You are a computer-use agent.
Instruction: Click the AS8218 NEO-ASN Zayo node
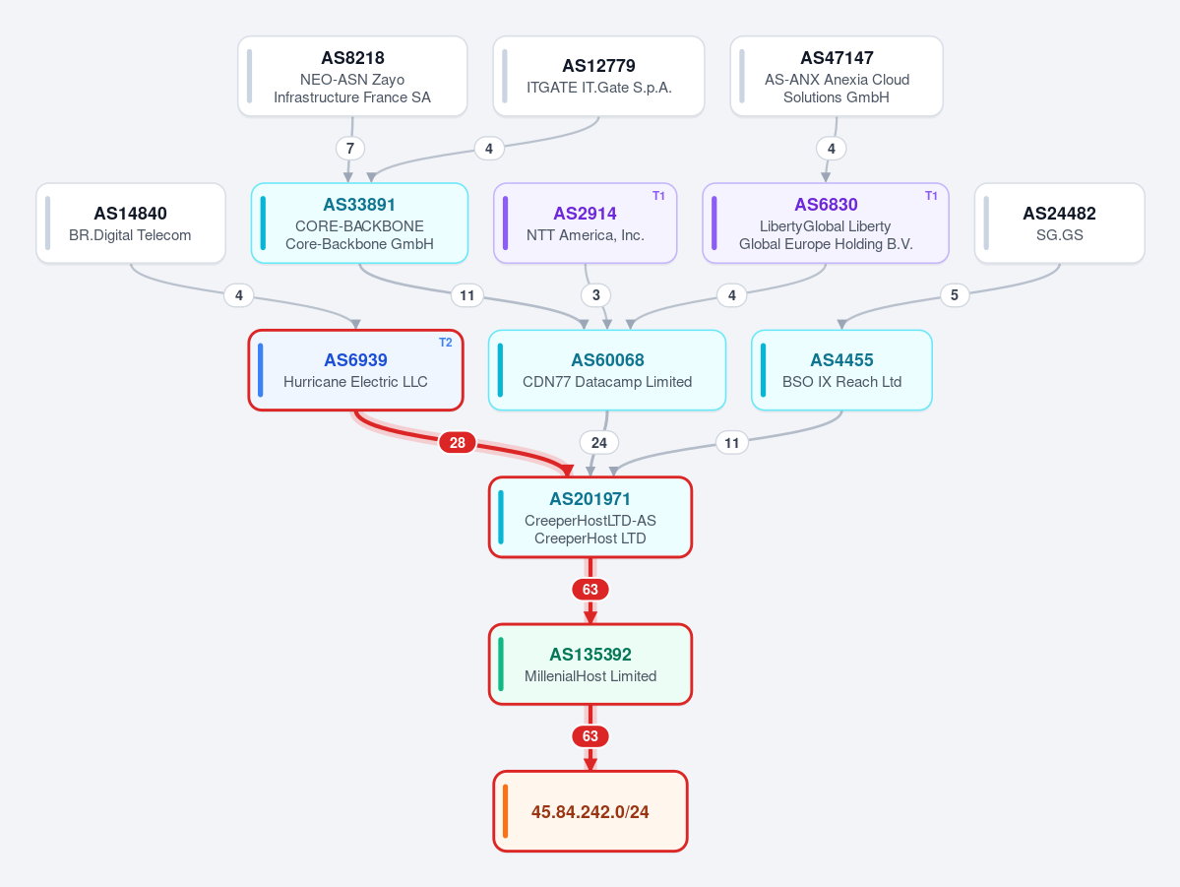coord(352,76)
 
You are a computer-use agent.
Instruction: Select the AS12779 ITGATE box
coord(598,76)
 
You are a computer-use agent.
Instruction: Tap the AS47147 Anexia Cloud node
coord(837,76)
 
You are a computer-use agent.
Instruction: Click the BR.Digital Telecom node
coord(131,222)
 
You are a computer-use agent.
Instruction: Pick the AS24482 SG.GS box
coord(1060,222)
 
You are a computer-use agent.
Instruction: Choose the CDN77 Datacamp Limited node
coord(607,370)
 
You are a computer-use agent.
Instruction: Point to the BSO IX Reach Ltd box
coord(841,370)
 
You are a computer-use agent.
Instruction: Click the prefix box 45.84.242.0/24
coord(590,811)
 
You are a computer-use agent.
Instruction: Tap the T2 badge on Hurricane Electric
coord(446,343)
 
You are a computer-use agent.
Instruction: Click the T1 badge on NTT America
coord(658,196)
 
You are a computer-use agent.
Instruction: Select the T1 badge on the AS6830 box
coord(931,196)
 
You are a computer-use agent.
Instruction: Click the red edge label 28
coord(457,443)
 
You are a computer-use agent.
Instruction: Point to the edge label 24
coord(599,443)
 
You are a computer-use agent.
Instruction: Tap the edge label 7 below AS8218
coord(350,149)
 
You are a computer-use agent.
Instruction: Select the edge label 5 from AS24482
coord(955,295)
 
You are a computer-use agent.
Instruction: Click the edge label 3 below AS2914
coord(596,295)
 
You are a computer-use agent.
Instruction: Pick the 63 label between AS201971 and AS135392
coord(590,589)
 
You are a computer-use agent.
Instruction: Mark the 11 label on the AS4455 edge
coord(731,443)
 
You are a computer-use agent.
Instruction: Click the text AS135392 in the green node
coord(590,655)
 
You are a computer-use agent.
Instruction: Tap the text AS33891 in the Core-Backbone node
coord(359,205)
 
